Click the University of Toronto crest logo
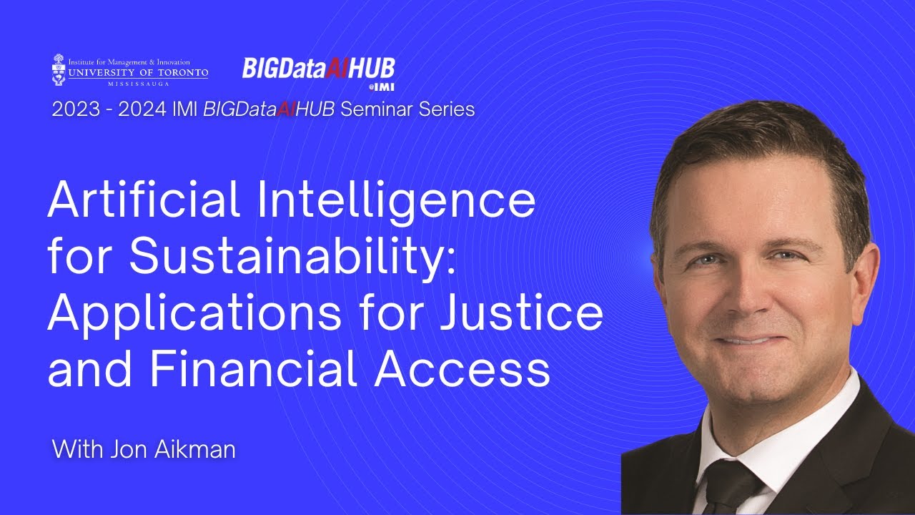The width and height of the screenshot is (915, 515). [x=59, y=69]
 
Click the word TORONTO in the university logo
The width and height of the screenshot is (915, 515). [x=177, y=73]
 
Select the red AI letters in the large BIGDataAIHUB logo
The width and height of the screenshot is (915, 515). [x=335, y=69]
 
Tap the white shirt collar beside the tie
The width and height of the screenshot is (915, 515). [x=793, y=429]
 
